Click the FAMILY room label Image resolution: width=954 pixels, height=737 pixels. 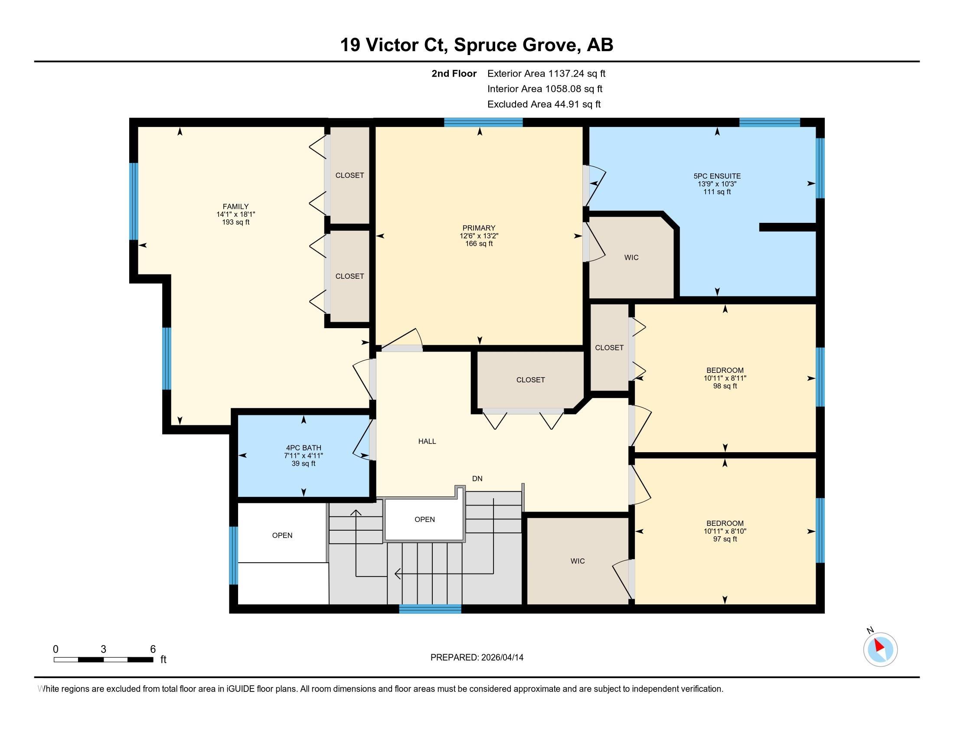point(235,206)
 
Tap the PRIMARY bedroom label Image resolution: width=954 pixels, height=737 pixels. point(479,228)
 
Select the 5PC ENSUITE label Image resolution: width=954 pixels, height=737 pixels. point(717,176)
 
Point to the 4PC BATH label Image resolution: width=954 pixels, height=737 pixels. point(304,447)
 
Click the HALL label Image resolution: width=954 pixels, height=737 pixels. point(427,441)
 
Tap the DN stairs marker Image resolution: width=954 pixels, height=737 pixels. point(477,479)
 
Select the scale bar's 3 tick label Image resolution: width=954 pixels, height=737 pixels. point(103,649)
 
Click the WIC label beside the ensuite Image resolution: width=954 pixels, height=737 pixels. point(631,258)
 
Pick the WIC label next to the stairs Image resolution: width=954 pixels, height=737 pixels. point(578,561)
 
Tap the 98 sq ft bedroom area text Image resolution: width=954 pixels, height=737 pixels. point(725,386)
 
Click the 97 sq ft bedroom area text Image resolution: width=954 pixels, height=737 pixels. point(725,539)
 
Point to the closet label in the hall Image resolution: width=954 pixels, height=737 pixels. point(530,380)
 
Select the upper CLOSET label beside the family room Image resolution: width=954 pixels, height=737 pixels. point(350,175)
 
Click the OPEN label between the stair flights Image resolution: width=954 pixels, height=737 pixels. point(425,519)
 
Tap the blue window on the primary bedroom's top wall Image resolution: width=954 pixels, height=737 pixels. point(484,122)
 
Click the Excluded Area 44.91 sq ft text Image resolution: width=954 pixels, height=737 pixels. point(544,104)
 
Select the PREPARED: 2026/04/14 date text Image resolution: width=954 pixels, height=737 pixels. point(477,658)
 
